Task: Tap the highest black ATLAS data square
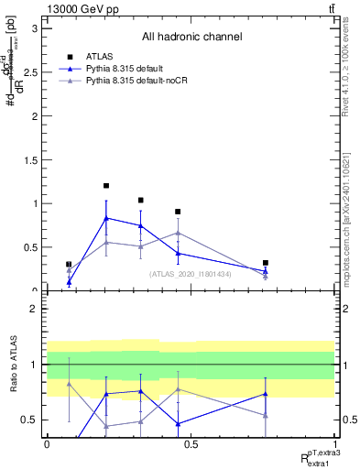[x=106, y=186]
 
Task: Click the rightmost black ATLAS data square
[x=266, y=263]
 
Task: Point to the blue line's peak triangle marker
[x=106, y=218]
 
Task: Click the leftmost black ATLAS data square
[x=69, y=265]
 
